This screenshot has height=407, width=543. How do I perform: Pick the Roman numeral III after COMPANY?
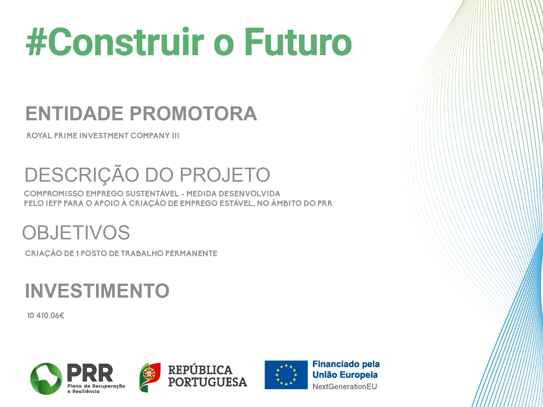click(x=176, y=136)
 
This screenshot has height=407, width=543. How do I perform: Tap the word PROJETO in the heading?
click(x=225, y=175)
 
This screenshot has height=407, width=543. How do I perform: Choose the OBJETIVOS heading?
click(x=76, y=232)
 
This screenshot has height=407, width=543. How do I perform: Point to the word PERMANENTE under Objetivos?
click(x=191, y=254)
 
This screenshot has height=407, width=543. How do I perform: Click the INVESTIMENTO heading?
click(x=97, y=291)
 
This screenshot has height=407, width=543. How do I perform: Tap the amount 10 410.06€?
click(x=46, y=316)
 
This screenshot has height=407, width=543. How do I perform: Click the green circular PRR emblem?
click(x=46, y=379)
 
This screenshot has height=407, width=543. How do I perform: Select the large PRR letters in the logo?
click(x=90, y=373)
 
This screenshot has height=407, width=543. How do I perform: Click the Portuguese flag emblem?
click(x=150, y=377)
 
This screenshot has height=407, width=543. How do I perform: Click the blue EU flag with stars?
click(x=286, y=375)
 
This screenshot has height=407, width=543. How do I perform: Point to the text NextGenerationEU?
click(x=345, y=387)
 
